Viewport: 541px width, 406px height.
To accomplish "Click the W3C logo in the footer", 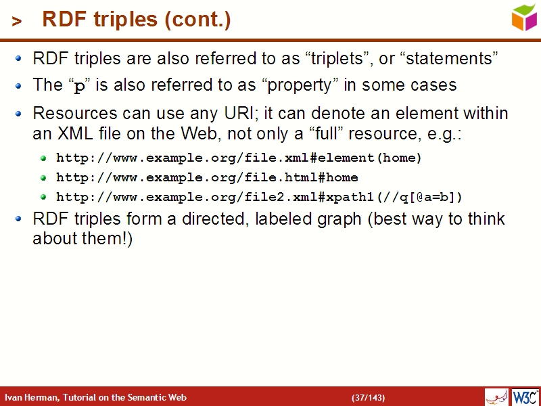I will click(525, 397).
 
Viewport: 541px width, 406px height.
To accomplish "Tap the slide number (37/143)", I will click(369, 397).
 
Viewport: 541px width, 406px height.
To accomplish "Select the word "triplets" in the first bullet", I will click(336, 59).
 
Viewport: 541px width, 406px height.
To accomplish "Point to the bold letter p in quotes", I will click(80, 86).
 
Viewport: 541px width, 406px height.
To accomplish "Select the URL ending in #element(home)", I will click(239, 158).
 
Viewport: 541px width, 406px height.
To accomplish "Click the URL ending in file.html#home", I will click(207, 177).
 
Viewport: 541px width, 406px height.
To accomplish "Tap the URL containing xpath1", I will click(259, 197).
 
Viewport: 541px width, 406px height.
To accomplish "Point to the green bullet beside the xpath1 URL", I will click(44, 197).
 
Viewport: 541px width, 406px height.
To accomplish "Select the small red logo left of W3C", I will click(496, 397).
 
